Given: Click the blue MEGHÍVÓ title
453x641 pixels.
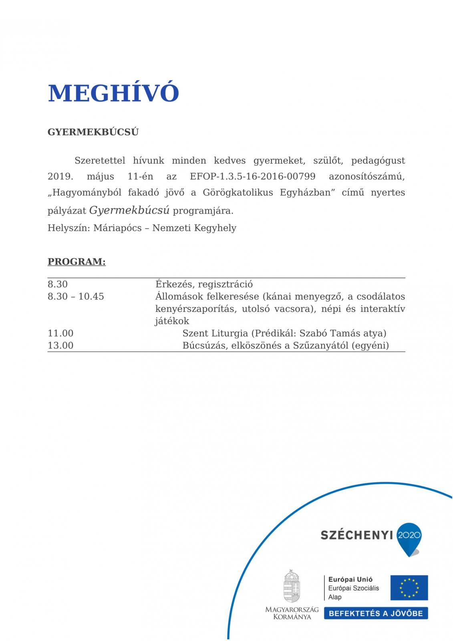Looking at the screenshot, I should click(x=113, y=93).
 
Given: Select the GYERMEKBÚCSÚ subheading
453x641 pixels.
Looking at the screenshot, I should click(x=93, y=132).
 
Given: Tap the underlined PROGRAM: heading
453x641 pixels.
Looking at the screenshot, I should click(x=77, y=262).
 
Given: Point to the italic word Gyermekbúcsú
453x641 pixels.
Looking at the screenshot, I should click(x=129, y=210).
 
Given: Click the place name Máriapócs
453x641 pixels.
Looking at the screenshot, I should click(x=115, y=228).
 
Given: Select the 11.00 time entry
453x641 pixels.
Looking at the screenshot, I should click(x=60, y=333).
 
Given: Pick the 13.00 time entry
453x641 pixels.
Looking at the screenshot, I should click(x=60, y=345).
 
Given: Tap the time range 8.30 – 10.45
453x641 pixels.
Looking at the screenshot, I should click(x=76, y=296).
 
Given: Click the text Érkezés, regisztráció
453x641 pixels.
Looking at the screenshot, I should click(x=204, y=284).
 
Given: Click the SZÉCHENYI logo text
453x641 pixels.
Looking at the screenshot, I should click(x=356, y=535).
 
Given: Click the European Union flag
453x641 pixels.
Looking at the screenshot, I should click(x=409, y=588).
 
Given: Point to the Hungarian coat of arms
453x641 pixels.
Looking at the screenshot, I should click(x=292, y=586).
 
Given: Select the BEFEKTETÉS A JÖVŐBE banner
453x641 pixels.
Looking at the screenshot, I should click(x=376, y=613).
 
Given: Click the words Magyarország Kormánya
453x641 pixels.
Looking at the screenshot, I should click(x=292, y=613).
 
